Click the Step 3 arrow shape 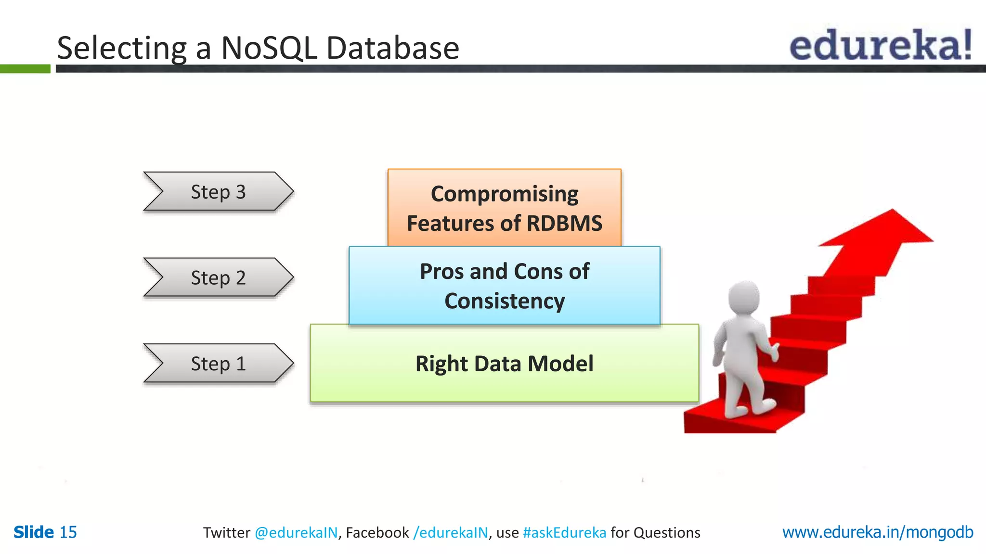(218, 191)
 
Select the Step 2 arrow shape (218, 277)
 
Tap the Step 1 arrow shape (218, 363)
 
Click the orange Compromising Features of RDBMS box (504, 208)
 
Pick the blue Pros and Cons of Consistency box (504, 286)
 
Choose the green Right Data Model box (504, 363)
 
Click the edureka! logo (880, 45)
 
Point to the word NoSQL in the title (269, 48)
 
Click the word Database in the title (392, 48)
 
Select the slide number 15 (68, 532)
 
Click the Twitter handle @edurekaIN (296, 533)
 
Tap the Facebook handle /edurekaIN (450, 533)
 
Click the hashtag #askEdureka (564, 533)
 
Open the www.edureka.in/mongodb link (877, 532)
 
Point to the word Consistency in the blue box (504, 301)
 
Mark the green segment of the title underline (25, 69)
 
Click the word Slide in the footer (34, 532)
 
